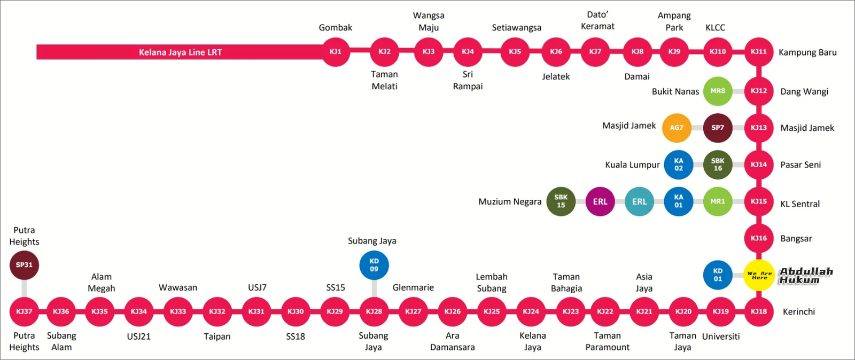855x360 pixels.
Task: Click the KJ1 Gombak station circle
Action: [336, 52]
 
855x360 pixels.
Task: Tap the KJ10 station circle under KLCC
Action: [718, 52]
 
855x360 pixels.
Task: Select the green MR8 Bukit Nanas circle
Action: [718, 91]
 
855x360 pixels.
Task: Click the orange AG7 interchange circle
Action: [677, 128]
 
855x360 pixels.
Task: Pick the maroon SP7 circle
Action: [718, 128]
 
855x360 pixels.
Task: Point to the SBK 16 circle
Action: [718, 165]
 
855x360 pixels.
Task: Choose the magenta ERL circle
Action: [600, 201]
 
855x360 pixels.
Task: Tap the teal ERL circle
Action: [639, 201]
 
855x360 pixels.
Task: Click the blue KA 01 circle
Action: [679, 201]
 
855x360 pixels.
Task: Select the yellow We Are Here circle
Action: [759, 275]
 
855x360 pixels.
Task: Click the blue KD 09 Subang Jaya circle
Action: [374, 265]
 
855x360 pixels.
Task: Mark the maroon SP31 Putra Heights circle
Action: [24, 265]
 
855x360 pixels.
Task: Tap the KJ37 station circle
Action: [24, 311]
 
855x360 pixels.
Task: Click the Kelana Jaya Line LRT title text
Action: [180, 52]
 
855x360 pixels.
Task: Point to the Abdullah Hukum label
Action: [806, 276]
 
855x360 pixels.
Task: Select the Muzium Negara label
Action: [510, 202]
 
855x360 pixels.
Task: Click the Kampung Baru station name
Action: [807, 52]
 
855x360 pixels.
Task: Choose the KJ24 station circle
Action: [531, 311]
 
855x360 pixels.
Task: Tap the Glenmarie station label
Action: [413, 287]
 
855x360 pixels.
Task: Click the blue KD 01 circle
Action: [718, 275]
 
